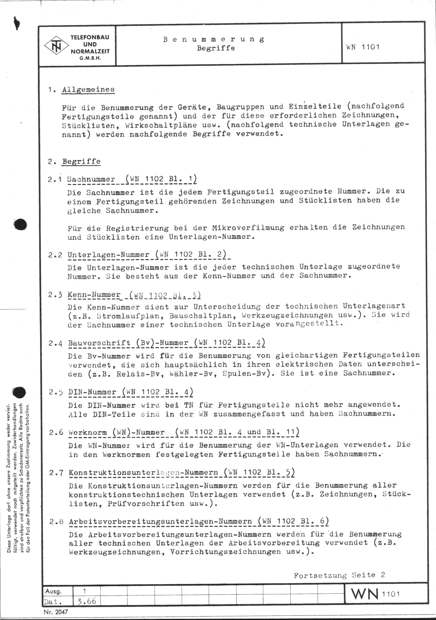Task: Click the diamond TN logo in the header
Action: click(56, 45)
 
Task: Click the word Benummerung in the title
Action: click(214, 39)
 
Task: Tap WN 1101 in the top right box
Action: click(363, 47)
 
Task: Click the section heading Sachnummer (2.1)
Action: click(91, 179)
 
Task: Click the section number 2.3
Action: click(55, 295)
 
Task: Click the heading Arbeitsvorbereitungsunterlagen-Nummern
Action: click(160, 521)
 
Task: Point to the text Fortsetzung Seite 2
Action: click(339, 575)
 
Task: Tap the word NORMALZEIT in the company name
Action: click(90, 51)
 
